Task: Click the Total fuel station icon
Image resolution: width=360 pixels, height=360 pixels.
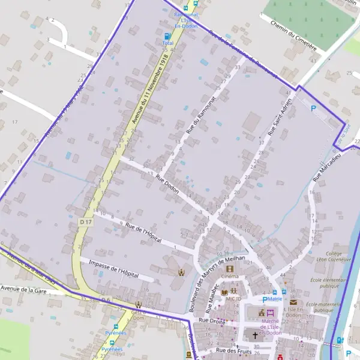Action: click(167, 36)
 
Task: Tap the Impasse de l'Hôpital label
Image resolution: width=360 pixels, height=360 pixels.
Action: click(113, 269)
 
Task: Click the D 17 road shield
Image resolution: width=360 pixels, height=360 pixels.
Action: click(86, 222)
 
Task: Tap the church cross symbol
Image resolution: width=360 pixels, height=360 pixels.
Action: click(254, 336)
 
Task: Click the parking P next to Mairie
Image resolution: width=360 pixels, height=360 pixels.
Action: click(265, 299)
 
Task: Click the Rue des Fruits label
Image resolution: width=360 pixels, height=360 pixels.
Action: click(232, 350)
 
